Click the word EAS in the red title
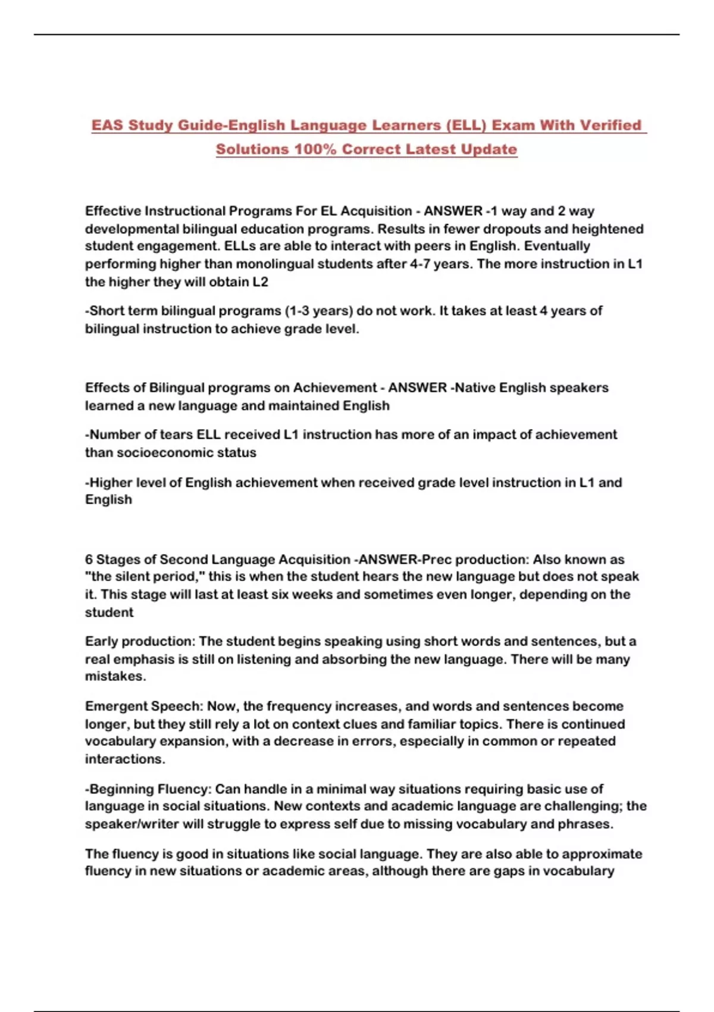(107, 126)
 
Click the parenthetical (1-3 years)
(319, 311)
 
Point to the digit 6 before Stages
(89, 560)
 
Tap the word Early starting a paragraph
(101, 642)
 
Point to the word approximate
(602, 854)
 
